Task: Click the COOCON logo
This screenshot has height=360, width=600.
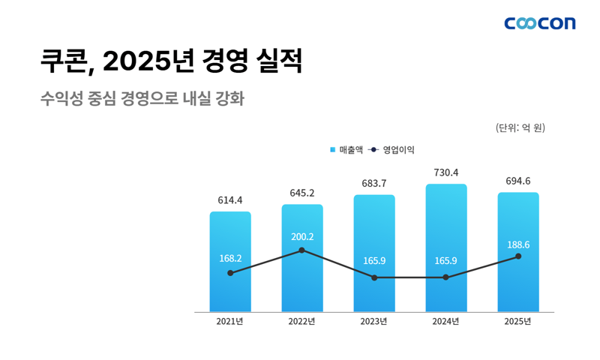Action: (x=540, y=23)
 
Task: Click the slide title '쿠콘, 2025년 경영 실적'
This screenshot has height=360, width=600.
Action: (x=172, y=62)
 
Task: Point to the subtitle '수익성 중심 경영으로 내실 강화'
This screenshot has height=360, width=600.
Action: (x=143, y=99)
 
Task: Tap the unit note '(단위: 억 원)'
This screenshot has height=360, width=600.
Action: (x=520, y=127)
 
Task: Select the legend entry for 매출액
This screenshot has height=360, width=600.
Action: (x=346, y=150)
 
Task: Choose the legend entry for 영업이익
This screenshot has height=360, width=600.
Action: (x=392, y=150)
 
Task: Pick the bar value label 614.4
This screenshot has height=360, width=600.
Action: (x=230, y=200)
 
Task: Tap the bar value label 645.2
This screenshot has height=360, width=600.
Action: (x=302, y=193)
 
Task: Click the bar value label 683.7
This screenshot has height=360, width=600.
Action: (x=374, y=184)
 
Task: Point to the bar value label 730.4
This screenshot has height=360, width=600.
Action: (x=446, y=172)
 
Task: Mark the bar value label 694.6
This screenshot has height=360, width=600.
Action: (x=518, y=181)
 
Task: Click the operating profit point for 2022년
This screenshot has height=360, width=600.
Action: (x=302, y=250)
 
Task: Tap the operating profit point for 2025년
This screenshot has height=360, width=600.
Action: (x=518, y=256)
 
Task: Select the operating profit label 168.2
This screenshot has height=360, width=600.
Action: (x=230, y=258)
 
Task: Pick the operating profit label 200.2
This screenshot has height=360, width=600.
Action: (x=302, y=237)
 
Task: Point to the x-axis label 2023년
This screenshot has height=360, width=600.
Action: (x=374, y=322)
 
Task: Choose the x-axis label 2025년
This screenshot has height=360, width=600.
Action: (x=518, y=322)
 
